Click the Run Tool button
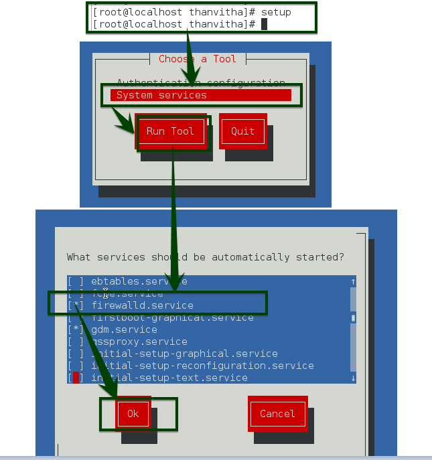coord(170,131)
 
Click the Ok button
coord(133,414)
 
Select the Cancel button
coord(277,414)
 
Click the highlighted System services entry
coord(201,95)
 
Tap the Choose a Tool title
coord(198,59)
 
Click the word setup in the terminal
coord(276,12)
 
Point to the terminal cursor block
coord(264,24)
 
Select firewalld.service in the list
coord(142,305)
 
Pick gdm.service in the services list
coord(124,329)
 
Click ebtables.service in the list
coord(139,281)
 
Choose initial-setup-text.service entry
coord(169,378)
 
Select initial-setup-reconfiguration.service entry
coord(202,366)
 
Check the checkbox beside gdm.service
coord(76,329)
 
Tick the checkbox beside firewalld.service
coord(76,305)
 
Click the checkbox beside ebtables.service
coord(76,281)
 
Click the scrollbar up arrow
coord(353,282)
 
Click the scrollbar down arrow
coord(353,378)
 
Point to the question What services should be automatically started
coord(206,257)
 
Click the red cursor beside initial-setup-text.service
coord(76,378)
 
